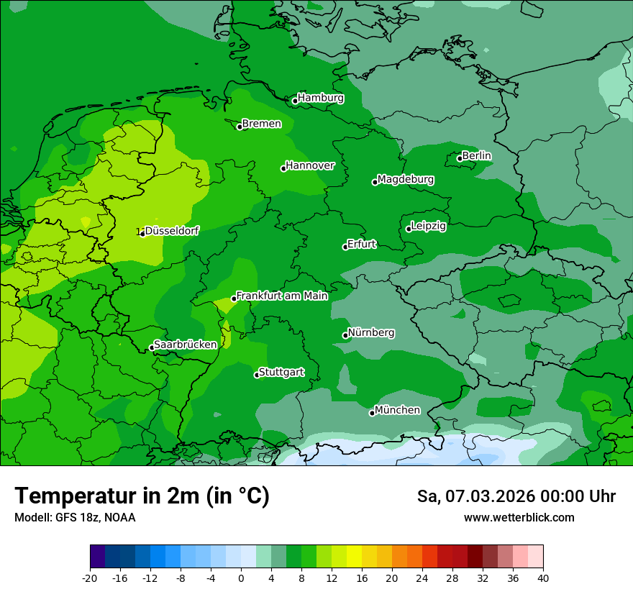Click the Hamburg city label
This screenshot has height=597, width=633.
[321, 98]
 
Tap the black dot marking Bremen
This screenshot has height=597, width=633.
[240, 127]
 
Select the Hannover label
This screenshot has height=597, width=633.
[310, 165]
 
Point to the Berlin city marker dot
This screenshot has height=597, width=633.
[460, 158]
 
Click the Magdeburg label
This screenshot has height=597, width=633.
[406, 179]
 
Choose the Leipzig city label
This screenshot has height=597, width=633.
[429, 226]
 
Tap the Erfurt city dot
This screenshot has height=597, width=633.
[345, 247]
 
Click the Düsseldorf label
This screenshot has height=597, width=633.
[172, 231]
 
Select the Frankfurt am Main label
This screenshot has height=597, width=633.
[282, 296]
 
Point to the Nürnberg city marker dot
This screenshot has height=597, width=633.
[345, 335]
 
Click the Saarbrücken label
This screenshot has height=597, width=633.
[186, 345]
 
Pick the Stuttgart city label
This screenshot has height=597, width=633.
[281, 372]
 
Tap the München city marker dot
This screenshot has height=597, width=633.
[372, 413]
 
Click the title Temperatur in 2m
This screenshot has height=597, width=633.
[142, 496]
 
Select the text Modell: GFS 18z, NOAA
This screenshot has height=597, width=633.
[75, 517]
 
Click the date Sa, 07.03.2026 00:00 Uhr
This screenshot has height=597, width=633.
[516, 496]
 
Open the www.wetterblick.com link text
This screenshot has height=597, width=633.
[519, 517]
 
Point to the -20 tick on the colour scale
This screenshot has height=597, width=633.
[90, 578]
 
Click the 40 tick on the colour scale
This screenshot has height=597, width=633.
[543, 578]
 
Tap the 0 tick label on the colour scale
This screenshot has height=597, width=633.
[241, 578]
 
